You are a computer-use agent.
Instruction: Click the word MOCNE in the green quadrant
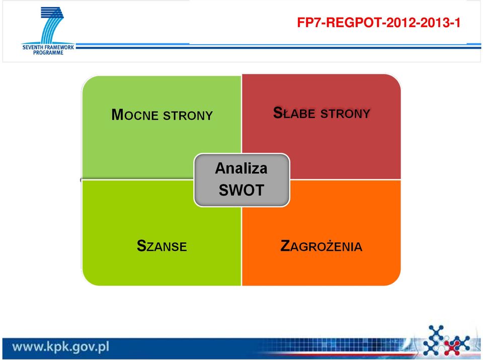point(135,115)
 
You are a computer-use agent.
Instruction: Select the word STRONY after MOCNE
point(188,116)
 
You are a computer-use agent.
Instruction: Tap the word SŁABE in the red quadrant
point(294,113)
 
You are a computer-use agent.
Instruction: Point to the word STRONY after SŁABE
point(345,114)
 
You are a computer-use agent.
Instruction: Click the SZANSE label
point(162,246)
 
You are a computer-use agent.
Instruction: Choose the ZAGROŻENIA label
point(321,245)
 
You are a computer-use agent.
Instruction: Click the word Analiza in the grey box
point(241,168)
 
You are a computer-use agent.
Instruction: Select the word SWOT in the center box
point(242,190)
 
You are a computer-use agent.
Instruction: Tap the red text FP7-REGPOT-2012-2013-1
point(378,23)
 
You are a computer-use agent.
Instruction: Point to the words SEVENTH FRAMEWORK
point(48,47)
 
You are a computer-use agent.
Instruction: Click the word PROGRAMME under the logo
point(48,53)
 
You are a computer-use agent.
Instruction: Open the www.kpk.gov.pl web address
point(61,347)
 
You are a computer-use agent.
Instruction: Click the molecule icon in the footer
point(446,340)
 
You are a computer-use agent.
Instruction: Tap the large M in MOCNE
point(118,115)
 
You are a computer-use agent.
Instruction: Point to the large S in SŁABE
point(278,113)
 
